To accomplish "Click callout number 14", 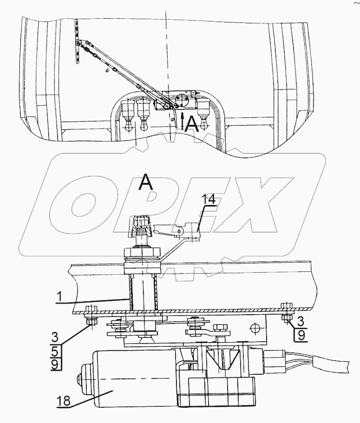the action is coord(210,200).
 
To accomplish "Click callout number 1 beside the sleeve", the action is coord(60,297).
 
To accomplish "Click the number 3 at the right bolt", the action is coord(300,321).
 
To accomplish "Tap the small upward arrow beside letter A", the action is coord(182,122).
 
